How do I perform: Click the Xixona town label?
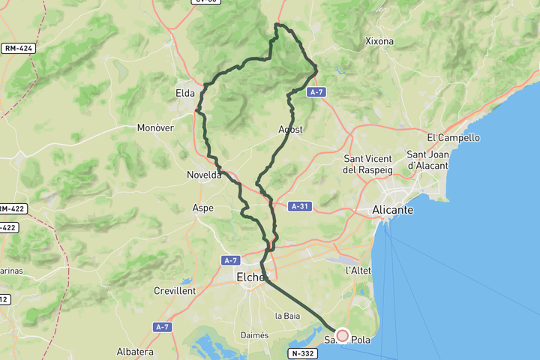(379, 40)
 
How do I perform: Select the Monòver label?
(155, 127)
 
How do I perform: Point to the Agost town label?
(290, 130)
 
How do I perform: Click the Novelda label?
(204, 175)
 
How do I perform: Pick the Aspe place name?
(202, 208)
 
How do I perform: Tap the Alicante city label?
(392, 210)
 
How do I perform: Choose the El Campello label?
(453, 137)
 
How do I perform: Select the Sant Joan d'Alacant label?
(427, 160)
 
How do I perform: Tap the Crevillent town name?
(175, 290)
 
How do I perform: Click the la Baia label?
(287, 316)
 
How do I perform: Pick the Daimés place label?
(254, 335)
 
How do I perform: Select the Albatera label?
(136, 351)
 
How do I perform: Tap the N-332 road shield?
(303, 352)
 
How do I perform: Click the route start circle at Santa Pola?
(343, 336)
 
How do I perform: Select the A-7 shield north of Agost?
(316, 91)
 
